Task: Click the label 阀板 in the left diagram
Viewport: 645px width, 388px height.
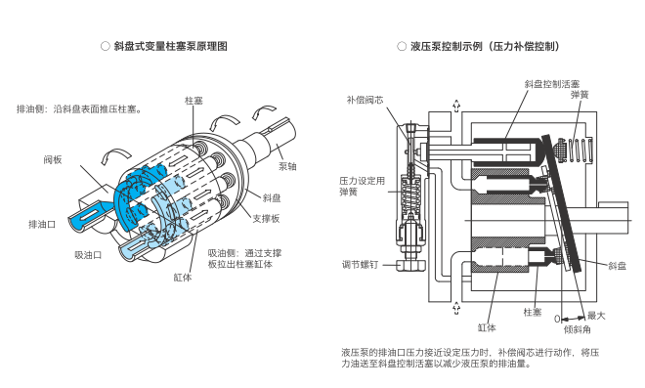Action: [x=53, y=159]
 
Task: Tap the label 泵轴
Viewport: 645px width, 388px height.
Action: [x=287, y=166]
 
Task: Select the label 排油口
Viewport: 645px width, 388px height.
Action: [x=42, y=224]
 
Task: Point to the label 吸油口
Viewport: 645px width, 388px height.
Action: [x=88, y=255]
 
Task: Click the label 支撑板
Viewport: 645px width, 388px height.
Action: [x=266, y=218]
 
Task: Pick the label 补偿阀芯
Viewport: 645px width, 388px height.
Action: [x=365, y=100]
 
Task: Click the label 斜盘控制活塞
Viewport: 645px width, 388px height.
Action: [x=551, y=84]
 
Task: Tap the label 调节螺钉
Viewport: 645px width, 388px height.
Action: [x=360, y=265]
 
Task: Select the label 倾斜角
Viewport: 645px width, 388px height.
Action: [x=578, y=329]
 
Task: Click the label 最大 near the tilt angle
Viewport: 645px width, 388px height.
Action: [x=596, y=316]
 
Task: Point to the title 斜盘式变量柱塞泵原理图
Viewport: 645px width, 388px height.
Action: [x=171, y=46]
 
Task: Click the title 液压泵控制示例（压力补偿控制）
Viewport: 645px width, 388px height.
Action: [x=486, y=46]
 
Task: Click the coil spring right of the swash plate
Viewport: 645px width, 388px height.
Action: [x=580, y=151]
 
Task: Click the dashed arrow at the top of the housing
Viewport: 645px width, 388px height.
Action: [x=456, y=107]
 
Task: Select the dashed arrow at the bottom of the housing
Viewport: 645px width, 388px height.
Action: [x=456, y=308]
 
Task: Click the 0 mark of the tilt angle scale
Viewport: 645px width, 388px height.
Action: [x=557, y=319]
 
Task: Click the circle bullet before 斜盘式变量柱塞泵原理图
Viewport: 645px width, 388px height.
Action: [x=106, y=46]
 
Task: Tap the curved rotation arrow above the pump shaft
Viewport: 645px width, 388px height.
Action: [x=264, y=110]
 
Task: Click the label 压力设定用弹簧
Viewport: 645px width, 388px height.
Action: [x=362, y=186]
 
